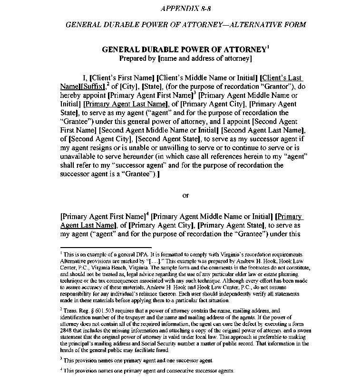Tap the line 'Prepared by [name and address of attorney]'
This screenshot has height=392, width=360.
coord(185,58)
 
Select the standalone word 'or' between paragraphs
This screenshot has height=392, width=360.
coord(185,195)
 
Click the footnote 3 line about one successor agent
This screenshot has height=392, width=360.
coord(138,361)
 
